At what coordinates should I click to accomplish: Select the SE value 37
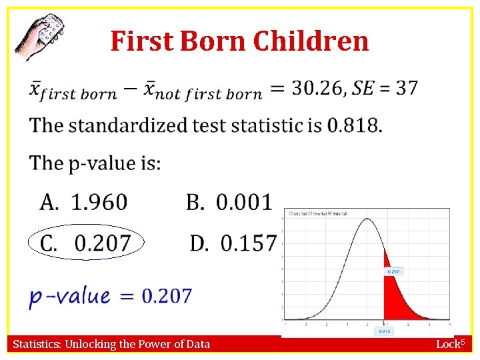pyautogui.click(x=407, y=87)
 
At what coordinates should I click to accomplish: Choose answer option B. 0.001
pyautogui.click(x=229, y=201)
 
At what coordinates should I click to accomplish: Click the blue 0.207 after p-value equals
pyautogui.click(x=167, y=295)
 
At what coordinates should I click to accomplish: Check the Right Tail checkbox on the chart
pyautogui.click(x=329, y=213)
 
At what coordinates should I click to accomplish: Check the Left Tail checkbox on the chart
pyautogui.click(x=289, y=213)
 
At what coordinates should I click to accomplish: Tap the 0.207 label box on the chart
pyautogui.click(x=393, y=272)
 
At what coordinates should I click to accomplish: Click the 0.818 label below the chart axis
pyautogui.click(x=385, y=331)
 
